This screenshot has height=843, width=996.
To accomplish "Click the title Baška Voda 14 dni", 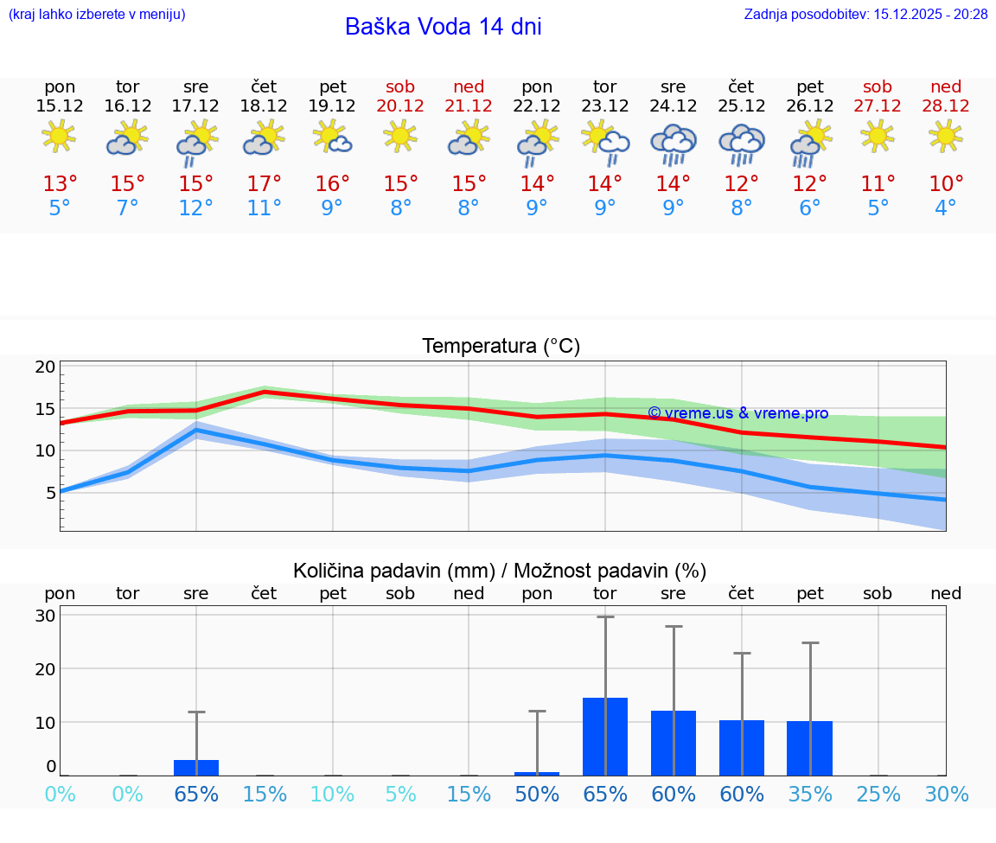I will click(x=443, y=27).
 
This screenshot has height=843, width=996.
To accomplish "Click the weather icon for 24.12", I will click(x=674, y=144).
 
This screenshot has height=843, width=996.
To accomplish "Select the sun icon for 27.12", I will click(x=878, y=136).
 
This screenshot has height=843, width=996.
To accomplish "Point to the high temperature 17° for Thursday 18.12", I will click(x=265, y=184).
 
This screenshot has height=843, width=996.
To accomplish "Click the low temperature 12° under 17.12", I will click(x=196, y=208).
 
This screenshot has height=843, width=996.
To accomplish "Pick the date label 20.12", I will click(x=400, y=105).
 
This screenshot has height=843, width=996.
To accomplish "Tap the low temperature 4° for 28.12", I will click(x=946, y=208).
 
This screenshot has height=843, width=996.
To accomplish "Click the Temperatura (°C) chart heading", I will click(x=501, y=347).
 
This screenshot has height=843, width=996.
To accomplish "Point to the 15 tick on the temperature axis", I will click(x=45, y=409).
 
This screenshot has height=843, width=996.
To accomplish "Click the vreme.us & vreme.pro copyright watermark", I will click(x=737, y=413).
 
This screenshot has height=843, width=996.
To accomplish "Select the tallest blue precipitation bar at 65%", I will click(x=605, y=736).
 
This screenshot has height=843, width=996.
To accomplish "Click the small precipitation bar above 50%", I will click(x=537, y=773).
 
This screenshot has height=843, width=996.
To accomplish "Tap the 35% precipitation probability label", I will click(x=810, y=794).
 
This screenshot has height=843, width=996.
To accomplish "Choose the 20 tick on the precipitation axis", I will click(x=45, y=668).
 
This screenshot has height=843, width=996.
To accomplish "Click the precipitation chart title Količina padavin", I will click(x=500, y=571).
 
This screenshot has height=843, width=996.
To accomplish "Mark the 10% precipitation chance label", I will click(x=333, y=794).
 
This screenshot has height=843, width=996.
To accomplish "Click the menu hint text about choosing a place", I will click(x=96, y=14).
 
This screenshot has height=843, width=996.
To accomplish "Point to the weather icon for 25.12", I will click(x=742, y=144).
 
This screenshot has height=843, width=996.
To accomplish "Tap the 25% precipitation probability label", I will click(x=878, y=794).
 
